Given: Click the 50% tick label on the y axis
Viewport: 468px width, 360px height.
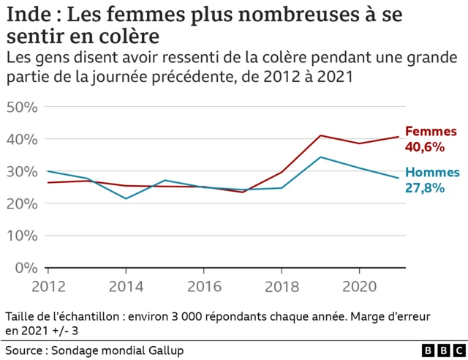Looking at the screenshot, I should click(x=22, y=107).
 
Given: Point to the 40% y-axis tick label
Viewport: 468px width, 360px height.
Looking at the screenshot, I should click(x=22, y=139).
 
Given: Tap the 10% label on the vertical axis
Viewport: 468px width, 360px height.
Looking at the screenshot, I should click(x=22, y=236).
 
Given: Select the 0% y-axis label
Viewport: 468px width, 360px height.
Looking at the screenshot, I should click(x=26, y=268).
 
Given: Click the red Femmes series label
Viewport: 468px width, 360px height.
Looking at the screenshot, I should click(x=431, y=132).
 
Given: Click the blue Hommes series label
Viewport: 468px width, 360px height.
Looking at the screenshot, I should click(x=433, y=173).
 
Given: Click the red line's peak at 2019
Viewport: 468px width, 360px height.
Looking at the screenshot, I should click(x=320, y=135).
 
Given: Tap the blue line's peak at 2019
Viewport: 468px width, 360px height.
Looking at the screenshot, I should click(x=320, y=157).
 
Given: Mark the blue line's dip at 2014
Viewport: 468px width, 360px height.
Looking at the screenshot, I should click(x=126, y=198).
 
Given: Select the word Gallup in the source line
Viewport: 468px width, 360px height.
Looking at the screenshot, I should click(x=163, y=350).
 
